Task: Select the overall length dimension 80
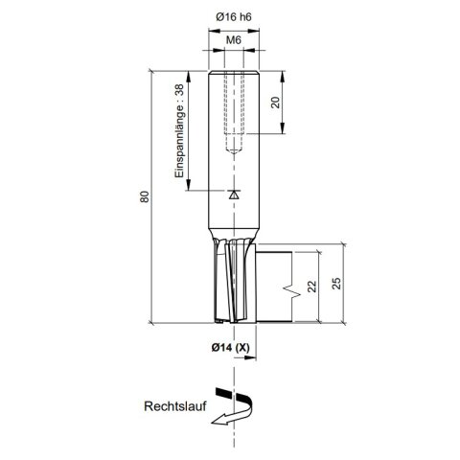tap(144, 197)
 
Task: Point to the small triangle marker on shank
tap(232, 193)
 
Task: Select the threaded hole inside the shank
tap(233, 110)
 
